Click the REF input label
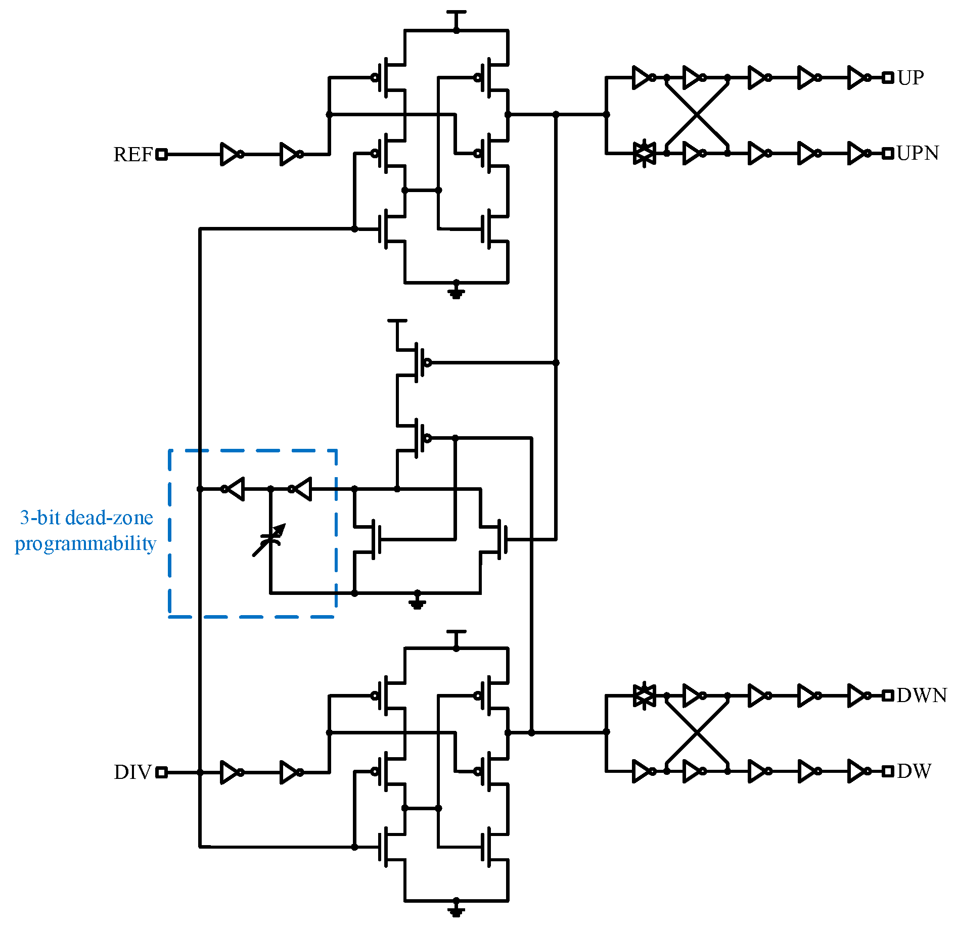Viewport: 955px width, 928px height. coord(132,155)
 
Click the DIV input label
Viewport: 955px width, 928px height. coord(132,772)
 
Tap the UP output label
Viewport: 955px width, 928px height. coord(911,78)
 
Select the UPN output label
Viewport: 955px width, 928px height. coord(918,153)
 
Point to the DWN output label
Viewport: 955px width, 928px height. coord(922,695)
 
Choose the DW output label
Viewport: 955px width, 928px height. coord(914,771)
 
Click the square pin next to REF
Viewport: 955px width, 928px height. coord(161,155)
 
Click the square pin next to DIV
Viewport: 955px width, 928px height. coord(161,772)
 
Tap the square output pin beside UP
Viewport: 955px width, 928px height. coord(888,78)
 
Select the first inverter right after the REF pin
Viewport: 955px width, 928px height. coord(231,155)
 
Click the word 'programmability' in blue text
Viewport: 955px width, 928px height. coord(85,544)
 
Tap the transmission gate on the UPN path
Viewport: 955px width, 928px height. coord(645,153)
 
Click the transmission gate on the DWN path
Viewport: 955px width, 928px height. coord(645,695)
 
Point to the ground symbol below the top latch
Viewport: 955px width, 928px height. coord(456,293)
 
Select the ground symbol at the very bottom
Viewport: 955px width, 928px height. coord(456,911)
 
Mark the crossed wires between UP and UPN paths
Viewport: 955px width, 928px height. coord(697,115)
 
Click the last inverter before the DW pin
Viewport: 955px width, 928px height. coord(857,771)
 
